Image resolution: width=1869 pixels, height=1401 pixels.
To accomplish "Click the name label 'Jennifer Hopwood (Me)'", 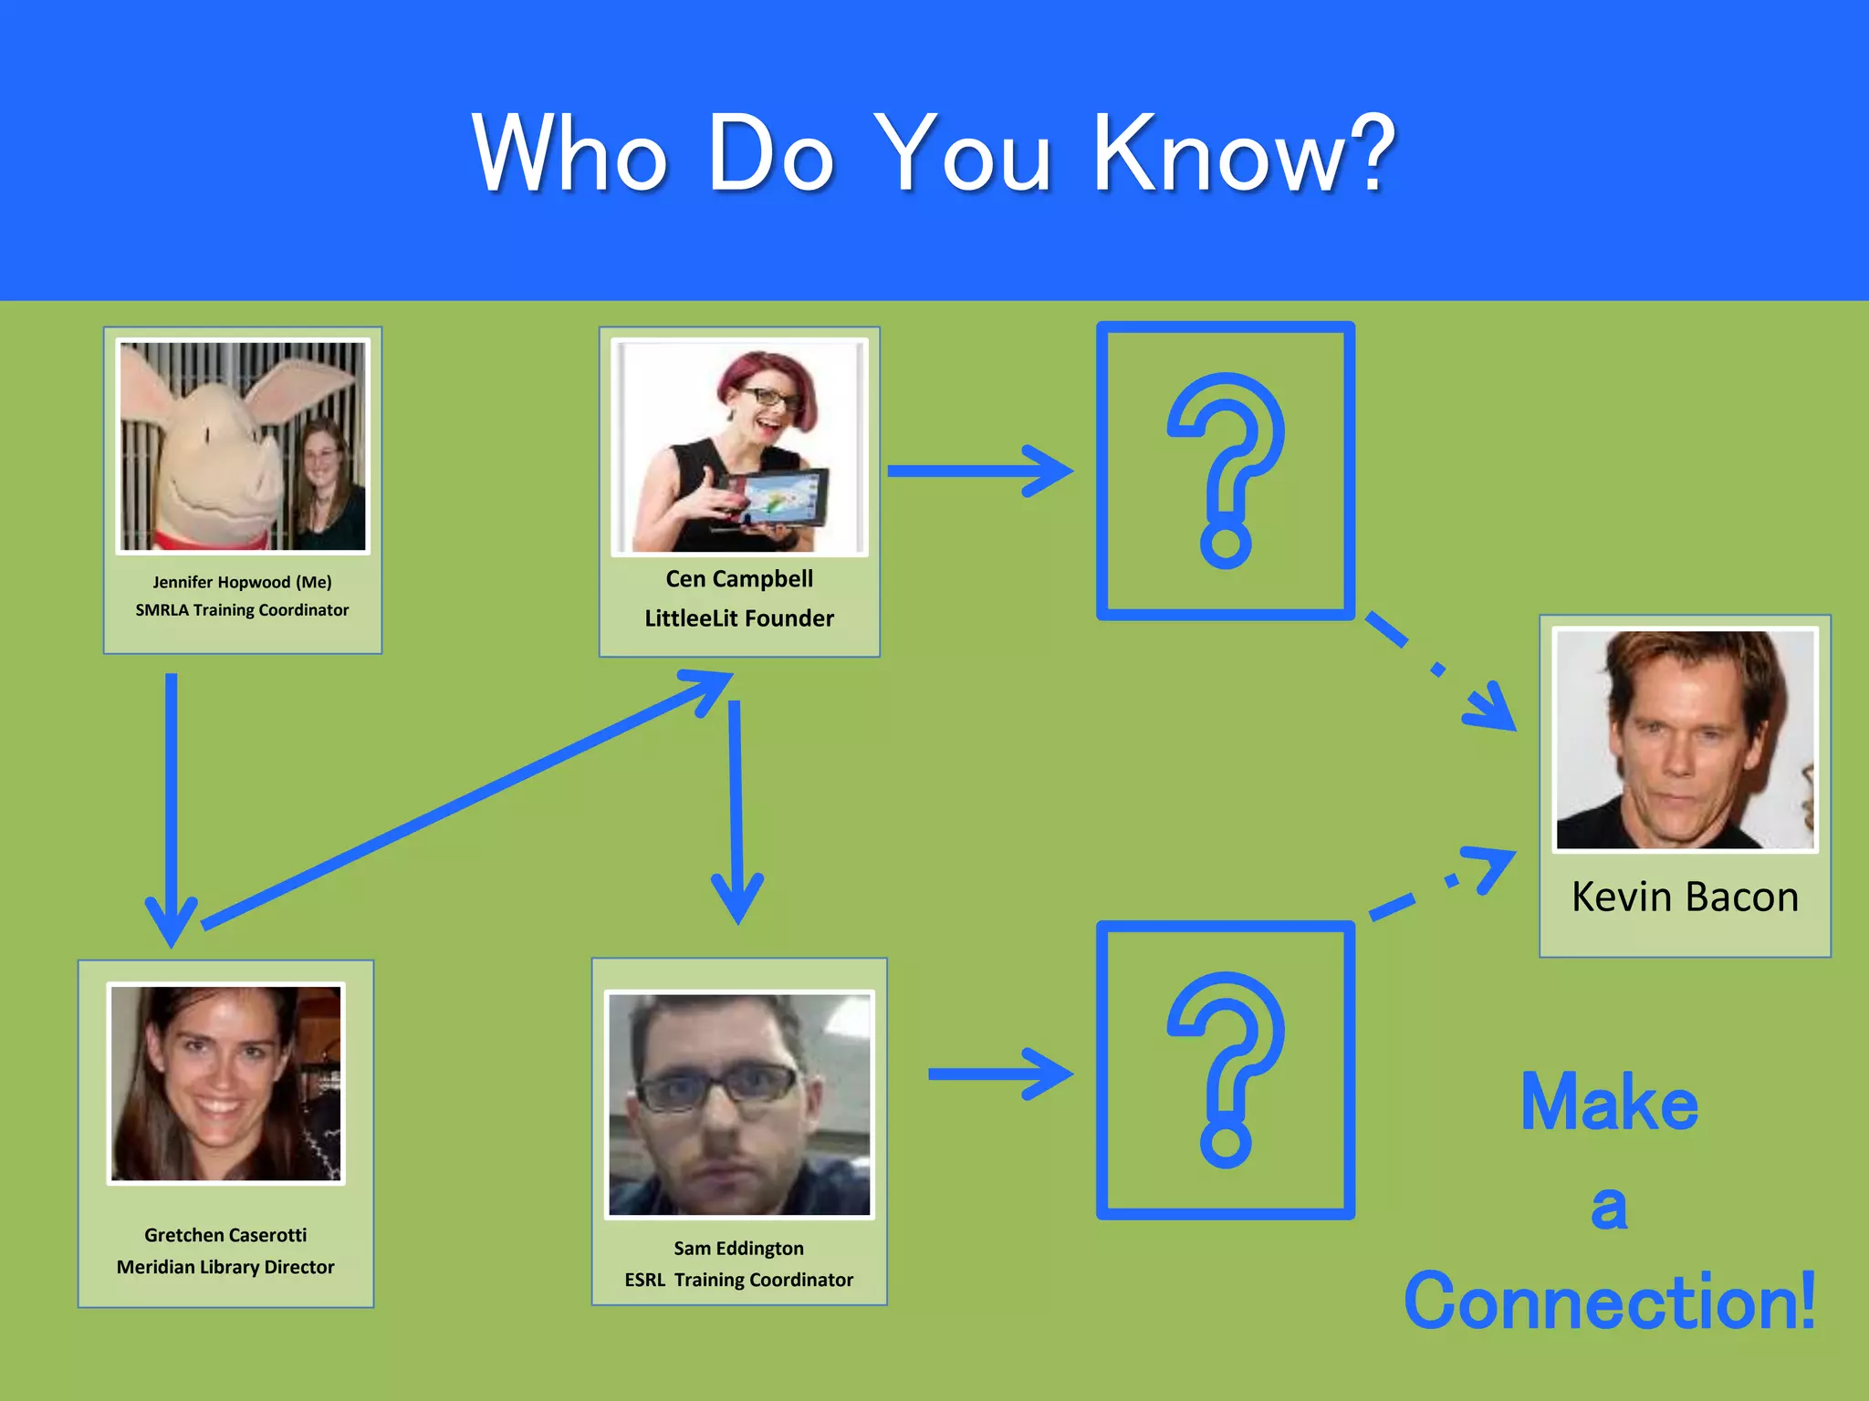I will (x=242, y=582).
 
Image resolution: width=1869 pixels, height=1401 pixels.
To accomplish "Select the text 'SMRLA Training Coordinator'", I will (x=242, y=610).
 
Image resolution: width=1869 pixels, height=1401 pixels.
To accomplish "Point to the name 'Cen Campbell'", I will (x=739, y=579).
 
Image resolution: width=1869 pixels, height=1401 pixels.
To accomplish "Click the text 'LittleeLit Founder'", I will (x=739, y=618).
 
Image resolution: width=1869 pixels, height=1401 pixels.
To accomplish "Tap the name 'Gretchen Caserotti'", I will (x=225, y=1235).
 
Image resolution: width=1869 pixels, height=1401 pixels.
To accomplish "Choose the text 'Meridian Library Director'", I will (x=225, y=1267).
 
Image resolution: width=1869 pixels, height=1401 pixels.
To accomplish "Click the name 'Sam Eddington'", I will (x=739, y=1248).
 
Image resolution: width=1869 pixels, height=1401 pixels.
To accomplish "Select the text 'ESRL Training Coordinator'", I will (x=739, y=1280).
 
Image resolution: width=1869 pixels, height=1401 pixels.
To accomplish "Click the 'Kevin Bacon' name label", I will (x=1685, y=897).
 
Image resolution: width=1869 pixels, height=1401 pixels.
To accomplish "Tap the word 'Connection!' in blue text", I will (x=1610, y=1302).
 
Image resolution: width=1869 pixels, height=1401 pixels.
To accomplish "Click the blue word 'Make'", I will (x=1610, y=1103).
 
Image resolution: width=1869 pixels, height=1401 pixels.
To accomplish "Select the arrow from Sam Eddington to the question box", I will (x=999, y=1074).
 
